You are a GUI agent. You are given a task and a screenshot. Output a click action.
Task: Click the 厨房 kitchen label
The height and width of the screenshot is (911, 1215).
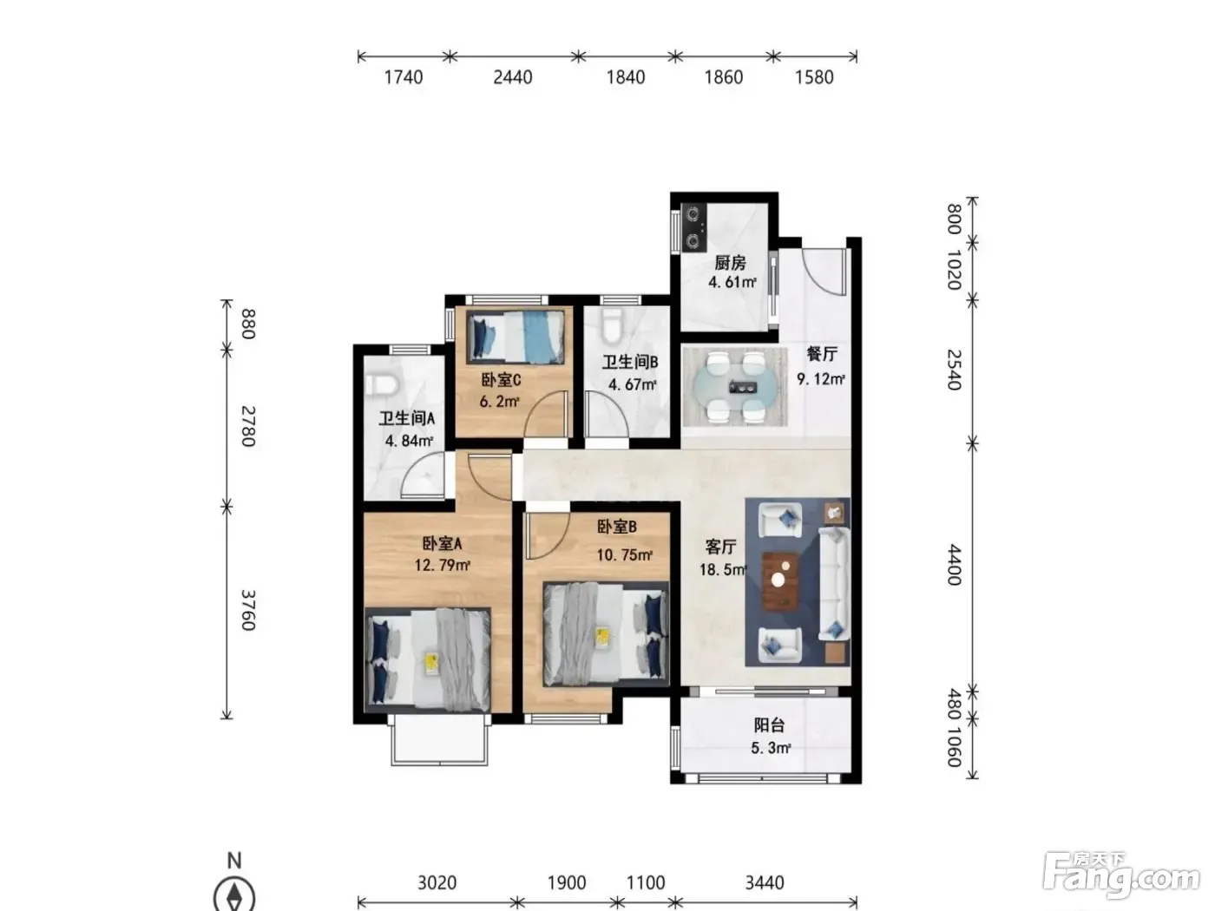[730, 262]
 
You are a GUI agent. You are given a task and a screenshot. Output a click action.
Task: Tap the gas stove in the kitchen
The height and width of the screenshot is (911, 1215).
[693, 226]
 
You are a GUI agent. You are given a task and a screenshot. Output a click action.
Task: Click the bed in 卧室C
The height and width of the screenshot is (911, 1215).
[516, 337]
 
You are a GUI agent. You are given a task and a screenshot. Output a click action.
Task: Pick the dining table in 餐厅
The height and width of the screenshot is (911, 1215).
[735, 387]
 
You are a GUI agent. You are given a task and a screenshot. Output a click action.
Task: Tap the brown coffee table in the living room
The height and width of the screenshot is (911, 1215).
[780, 581]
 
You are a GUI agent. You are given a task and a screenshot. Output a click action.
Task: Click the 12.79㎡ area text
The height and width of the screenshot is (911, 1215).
[442, 566]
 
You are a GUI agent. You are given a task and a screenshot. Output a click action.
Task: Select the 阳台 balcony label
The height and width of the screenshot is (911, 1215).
[769, 725]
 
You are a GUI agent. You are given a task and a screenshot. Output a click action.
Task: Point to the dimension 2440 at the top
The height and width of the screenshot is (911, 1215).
[513, 77]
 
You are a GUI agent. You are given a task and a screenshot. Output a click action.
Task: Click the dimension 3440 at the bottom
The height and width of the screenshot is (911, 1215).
[765, 882]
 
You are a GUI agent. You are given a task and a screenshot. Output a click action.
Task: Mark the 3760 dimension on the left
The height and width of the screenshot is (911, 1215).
[248, 611]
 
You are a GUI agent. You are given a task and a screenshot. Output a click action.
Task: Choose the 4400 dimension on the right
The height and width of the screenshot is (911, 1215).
[954, 564]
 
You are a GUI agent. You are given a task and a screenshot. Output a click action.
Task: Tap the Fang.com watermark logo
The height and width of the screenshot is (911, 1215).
[1121, 876]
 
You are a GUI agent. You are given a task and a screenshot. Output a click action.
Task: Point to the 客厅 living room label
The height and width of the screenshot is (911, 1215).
[720, 547]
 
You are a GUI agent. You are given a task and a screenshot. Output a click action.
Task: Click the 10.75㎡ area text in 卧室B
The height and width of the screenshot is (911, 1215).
[624, 554]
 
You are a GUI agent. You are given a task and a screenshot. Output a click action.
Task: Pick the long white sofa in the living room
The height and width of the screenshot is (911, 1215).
[834, 584]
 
